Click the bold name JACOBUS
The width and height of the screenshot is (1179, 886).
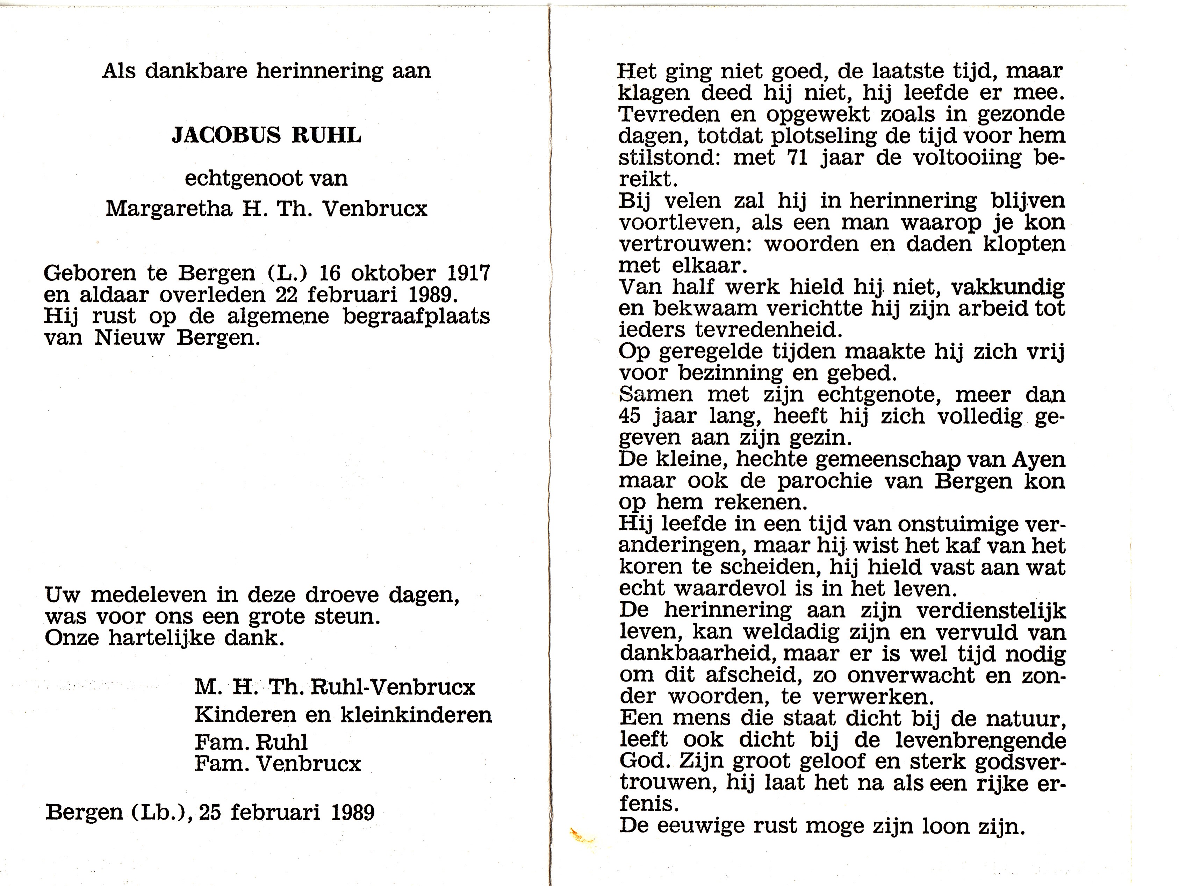point(226,135)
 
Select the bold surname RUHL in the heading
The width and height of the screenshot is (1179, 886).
point(327,135)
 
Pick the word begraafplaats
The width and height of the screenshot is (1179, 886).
point(416,316)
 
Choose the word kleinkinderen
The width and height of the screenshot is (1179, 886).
point(416,714)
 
